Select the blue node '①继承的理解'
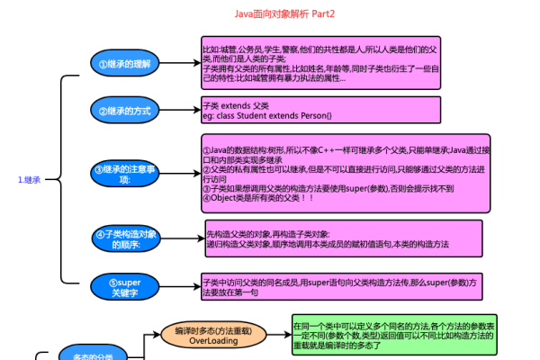pyautogui.click(x=123, y=63)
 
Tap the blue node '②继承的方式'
pyautogui.click(x=123, y=110)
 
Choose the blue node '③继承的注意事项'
pyautogui.click(x=123, y=174)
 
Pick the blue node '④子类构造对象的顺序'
pyautogui.click(x=123, y=238)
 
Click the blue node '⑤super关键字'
pyautogui.click(x=123, y=287)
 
